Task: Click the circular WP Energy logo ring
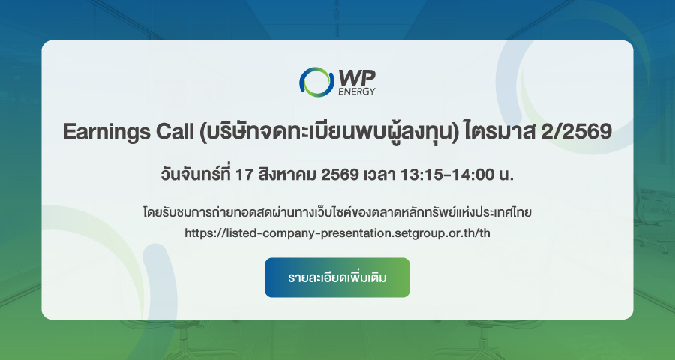tap(302, 82)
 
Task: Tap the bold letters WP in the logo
tap(357, 78)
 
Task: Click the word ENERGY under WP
tap(357, 91)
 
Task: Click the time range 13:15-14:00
tap(447, 175)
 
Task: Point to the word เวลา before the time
tap(379, 175)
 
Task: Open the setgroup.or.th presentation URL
tap(337, 233)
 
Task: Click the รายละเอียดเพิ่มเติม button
tap(337, 277)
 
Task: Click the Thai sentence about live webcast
tap(337, 211)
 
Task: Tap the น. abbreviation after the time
tap(506, 175)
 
